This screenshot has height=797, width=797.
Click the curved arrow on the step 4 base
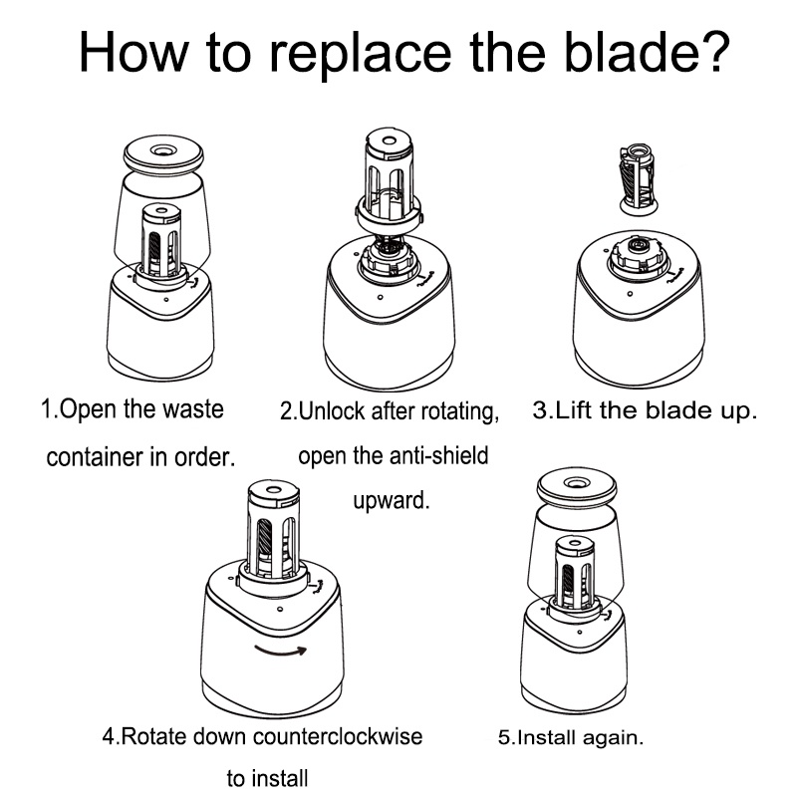click(280, 651)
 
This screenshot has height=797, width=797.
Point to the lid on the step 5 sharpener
click(577, 486)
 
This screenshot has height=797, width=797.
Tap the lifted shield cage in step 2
click(389, 178)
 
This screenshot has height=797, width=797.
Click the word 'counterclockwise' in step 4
click(337, 736)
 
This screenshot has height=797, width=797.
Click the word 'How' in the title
click(133, 52)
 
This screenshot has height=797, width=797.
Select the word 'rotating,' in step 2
click(460, 412)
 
